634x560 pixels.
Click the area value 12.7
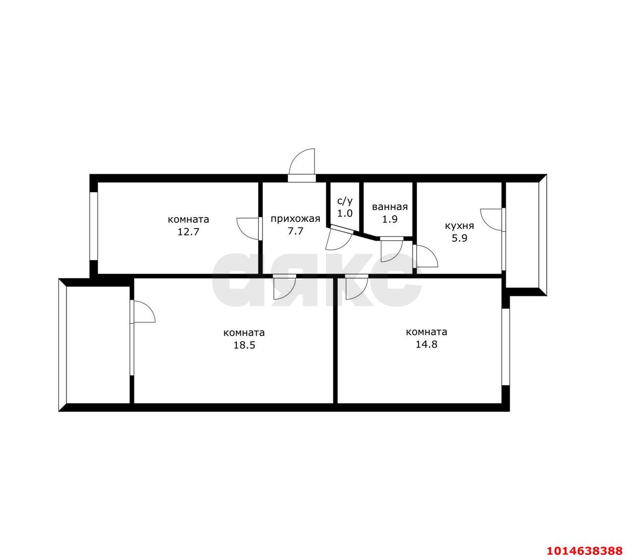pos(188,232)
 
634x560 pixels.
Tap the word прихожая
pos(295,219)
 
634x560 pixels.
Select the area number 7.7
pos(295,231)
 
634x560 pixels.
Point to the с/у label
pos(345,201)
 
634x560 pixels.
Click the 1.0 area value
pos(345,213)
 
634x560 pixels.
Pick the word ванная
pos(390,207)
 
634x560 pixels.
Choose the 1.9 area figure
pos(390,219)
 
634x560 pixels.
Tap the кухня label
pos(459,226)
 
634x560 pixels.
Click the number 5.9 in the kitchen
pos(459,238)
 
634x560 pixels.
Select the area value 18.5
pos(244,345)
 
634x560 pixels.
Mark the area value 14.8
pos(426,344)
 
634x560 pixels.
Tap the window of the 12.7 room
pos(94,226)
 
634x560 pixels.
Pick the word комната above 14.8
pos(426,332)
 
